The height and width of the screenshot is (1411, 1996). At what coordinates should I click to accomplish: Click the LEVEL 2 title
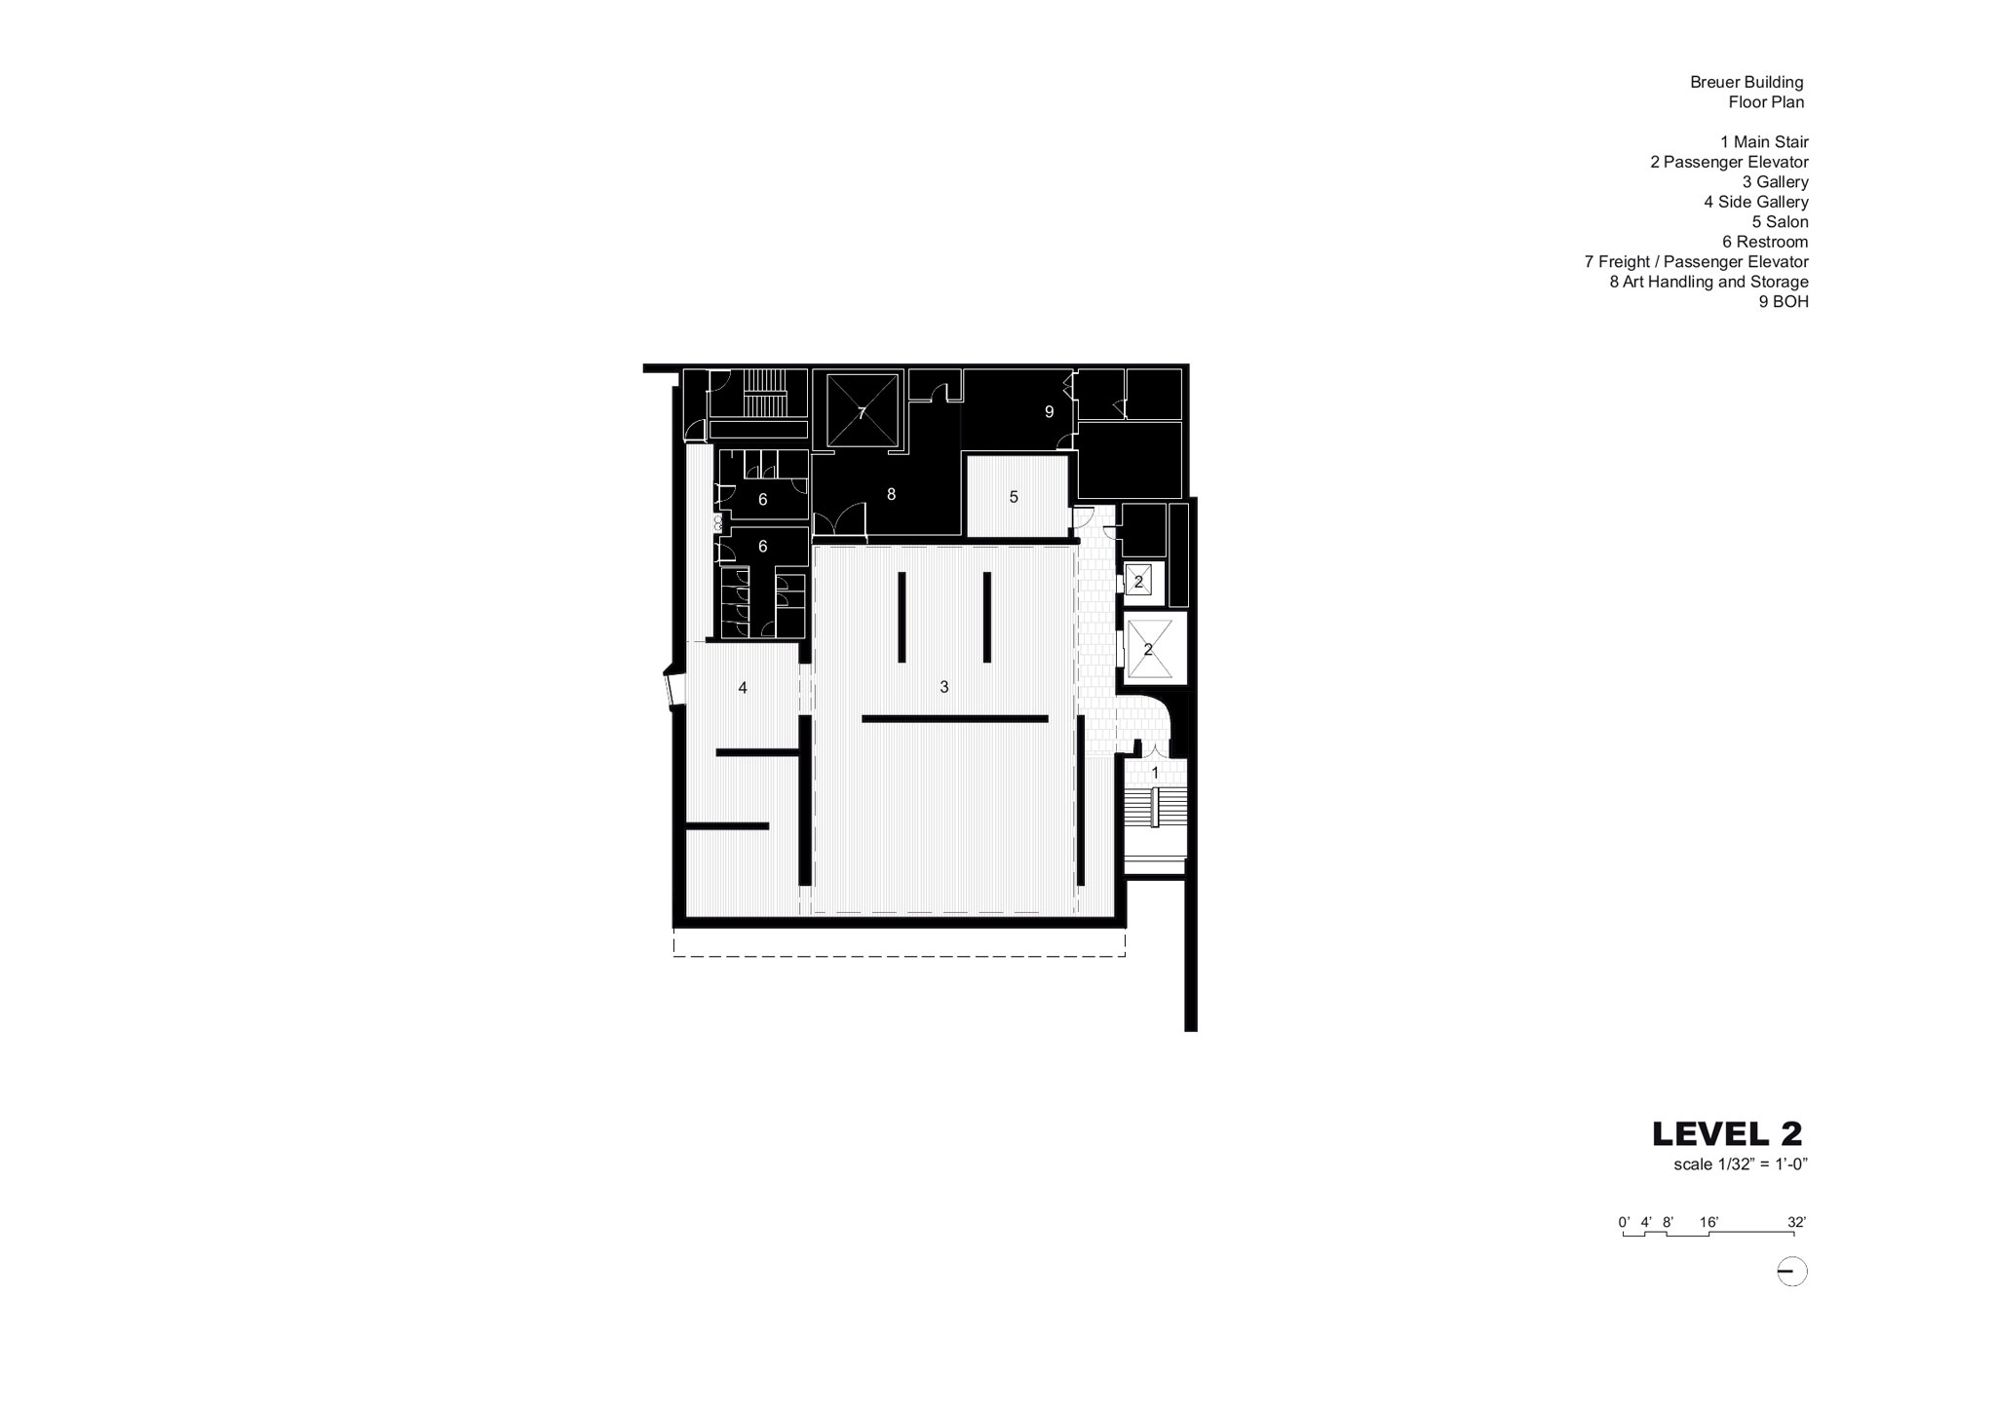[x=1727, y=1133]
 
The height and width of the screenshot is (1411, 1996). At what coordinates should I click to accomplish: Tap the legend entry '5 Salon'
[x=1780, y=222]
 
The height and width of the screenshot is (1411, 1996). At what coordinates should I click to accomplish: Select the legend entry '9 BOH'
[x=1784, y=302]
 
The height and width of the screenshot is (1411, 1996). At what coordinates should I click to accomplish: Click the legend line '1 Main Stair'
[x=1764, y=142]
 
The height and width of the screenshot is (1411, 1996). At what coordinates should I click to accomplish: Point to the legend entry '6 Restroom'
[x=1765, y=242]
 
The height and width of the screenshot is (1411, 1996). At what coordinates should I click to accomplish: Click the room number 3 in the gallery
[x=943, y=688]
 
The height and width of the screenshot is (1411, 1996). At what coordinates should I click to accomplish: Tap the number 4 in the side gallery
[x=743, y=688]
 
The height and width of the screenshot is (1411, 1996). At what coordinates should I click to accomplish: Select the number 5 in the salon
[x=1014, y=497]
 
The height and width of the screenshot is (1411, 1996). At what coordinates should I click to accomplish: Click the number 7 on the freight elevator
[x=862, y=413]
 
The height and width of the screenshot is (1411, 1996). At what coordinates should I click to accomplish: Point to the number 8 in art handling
[x=891, y=494]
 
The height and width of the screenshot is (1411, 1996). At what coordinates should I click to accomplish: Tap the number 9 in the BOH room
[x=1050, y=412]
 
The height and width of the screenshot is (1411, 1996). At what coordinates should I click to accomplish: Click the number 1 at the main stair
[x=1156, y=773]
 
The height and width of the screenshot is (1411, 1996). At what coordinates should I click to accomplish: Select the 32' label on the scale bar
[x=1796, y=1222]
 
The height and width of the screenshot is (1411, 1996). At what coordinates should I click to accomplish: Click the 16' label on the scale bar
[x=1708, y=1222]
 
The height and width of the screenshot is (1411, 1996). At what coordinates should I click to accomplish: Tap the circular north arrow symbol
[x=1792, y=1272]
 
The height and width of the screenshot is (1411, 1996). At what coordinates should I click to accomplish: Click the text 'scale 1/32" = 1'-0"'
[x=1741, y=1163]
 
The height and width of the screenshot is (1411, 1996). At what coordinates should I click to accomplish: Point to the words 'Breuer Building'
[x=1746, y=83]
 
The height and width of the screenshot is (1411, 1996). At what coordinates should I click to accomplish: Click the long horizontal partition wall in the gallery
[x=955, y=719]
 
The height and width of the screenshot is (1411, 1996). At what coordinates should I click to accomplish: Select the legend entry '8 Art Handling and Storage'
[x=1708, y=282]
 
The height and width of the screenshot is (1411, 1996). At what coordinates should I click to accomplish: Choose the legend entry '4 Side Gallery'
[x=1755, y=202]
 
